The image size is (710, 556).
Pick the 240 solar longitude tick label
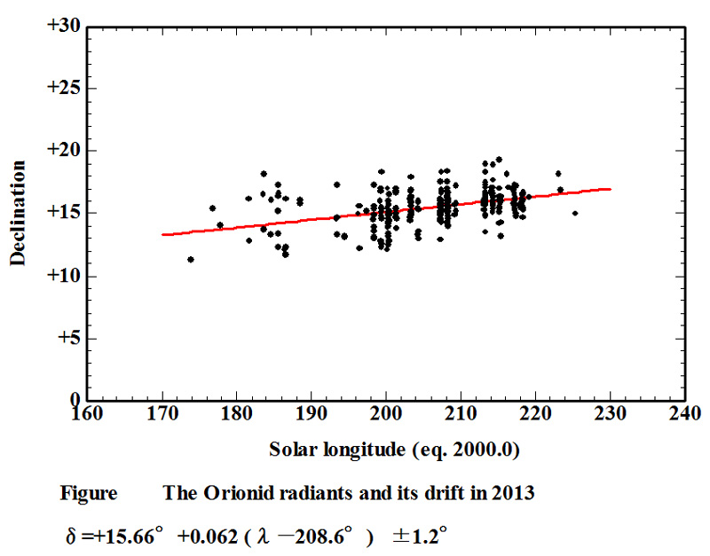tap(685, 414)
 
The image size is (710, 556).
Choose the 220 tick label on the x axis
tap(535, 414)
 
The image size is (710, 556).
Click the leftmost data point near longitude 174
tap(191, 259)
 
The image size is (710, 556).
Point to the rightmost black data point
tap(575, 213)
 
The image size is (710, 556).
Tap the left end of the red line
tap(163, 235)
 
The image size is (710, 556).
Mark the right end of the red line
tap(610, 189)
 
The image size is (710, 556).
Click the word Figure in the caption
tap(88, 494)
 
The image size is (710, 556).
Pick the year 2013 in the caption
tap(515, 494)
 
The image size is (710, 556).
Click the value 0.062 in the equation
tap(233, 537)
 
